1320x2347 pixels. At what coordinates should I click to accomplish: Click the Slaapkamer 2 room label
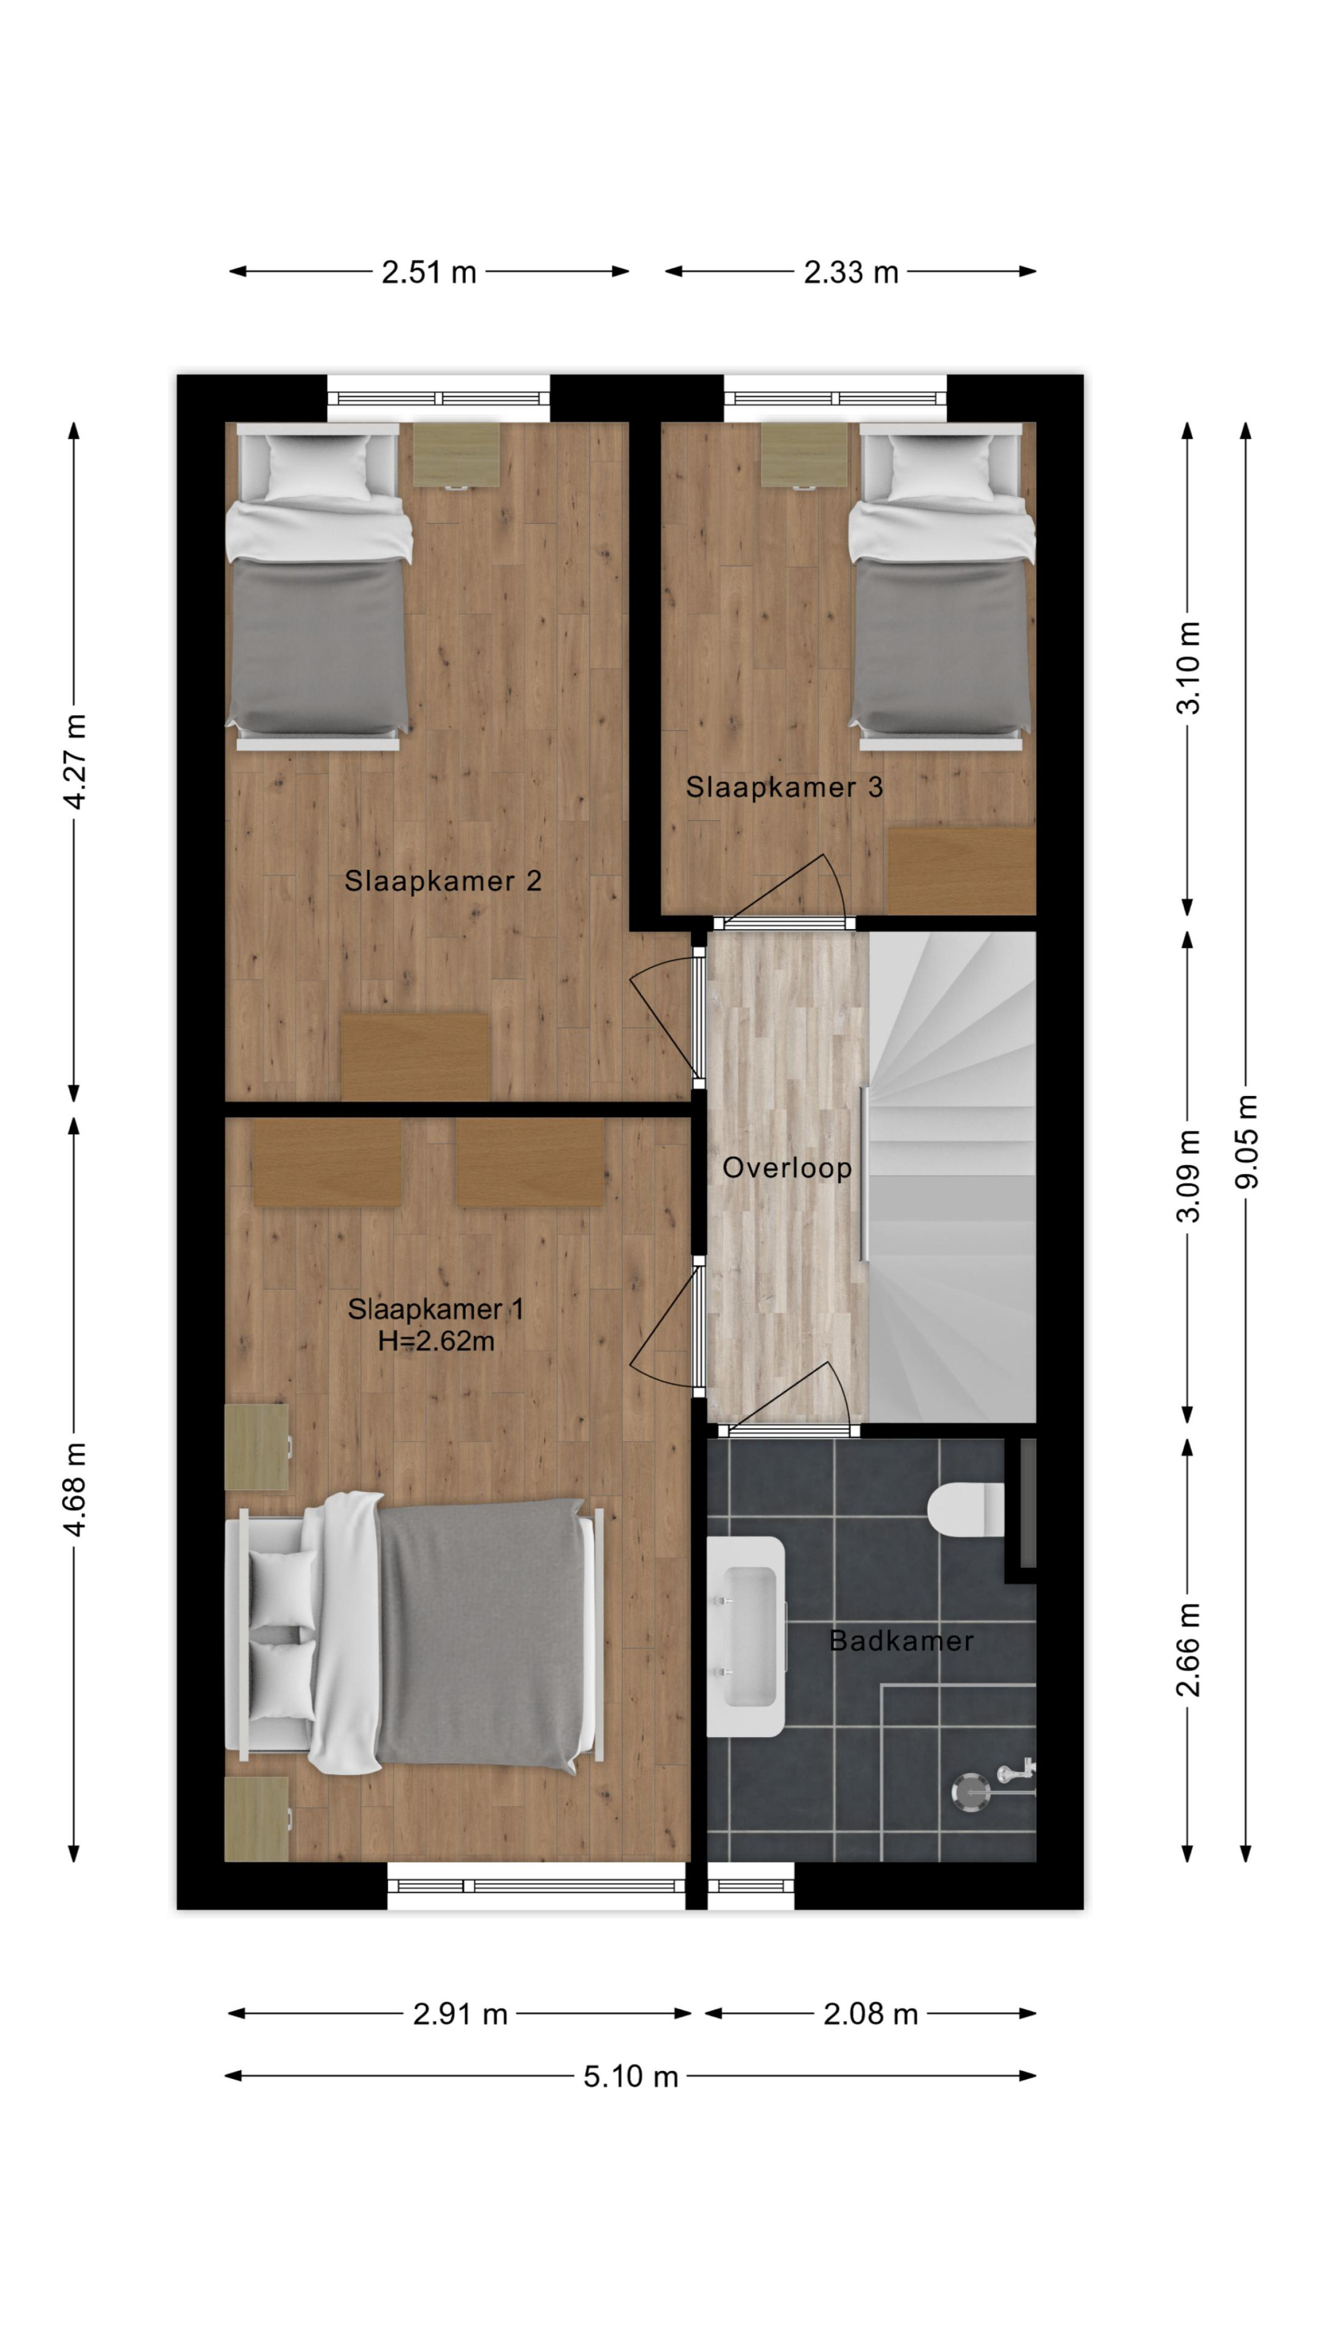[x=443, y=881]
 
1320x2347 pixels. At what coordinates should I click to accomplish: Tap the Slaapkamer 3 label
[x=785, y=787]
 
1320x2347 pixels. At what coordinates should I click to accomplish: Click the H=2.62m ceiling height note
[x=436, y=1341]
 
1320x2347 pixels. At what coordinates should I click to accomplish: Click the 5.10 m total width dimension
[x=630, y=2077]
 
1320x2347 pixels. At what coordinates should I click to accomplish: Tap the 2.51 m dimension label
[x=428, y=271]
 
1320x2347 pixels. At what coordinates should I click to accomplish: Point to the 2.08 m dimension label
[x=870, y=2014]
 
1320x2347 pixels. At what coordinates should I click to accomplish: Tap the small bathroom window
[x=751, y=1886]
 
